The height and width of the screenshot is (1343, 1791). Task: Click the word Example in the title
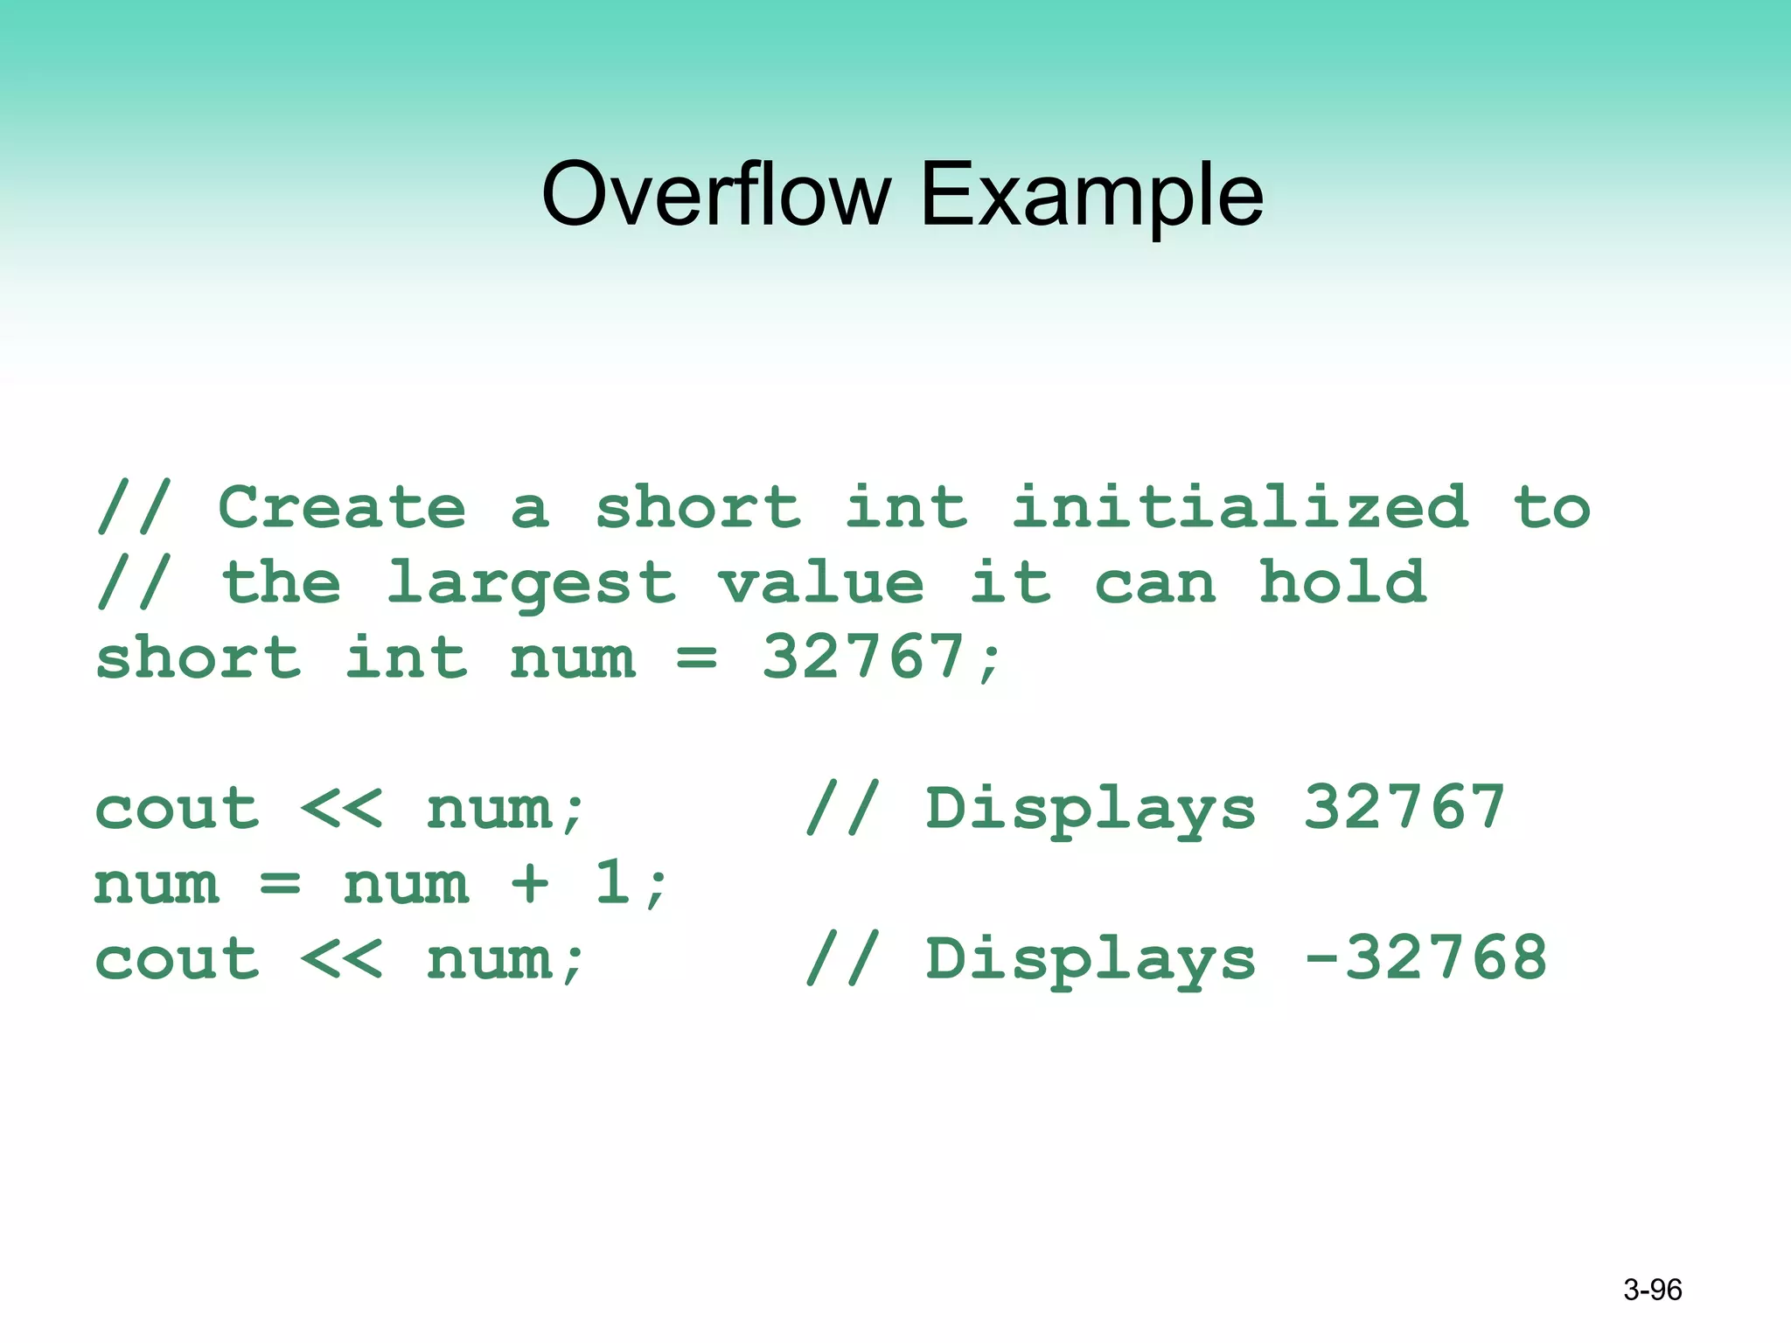(x=1091, y=197)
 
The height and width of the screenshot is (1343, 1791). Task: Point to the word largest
(x=532, y=584)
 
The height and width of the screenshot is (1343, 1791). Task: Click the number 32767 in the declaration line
(x=863, y=658)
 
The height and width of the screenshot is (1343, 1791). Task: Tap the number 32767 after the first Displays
(x=1404, y=808)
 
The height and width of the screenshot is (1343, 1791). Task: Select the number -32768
(x=1425, y=958)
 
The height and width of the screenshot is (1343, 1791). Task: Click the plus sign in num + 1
(x=530, y=883)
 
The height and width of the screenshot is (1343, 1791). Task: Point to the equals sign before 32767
(x=697, y=658)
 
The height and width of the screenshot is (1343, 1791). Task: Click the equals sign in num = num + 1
(x=280, y=883)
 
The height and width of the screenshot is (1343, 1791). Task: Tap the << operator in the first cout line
(x=341, y=808)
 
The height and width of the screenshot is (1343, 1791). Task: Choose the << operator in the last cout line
(x=341, y=958)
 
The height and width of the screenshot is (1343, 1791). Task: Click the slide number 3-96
(x=1652, y=1290)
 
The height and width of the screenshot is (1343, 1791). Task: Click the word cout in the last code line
(x=177, y=960)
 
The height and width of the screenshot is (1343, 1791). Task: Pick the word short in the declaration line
(x=198, y=658)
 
